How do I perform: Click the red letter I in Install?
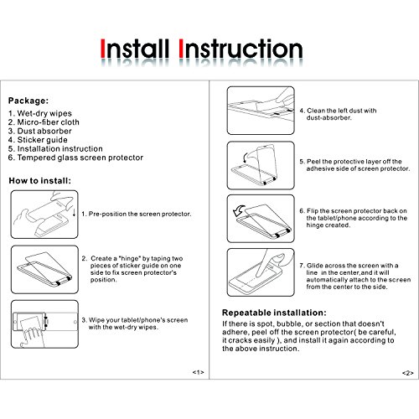103,49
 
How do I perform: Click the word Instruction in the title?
241,49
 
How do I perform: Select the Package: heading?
28,101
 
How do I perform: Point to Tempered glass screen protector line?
75,158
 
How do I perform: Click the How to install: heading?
39,181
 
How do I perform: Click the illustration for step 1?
44,215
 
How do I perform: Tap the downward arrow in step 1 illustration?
74,213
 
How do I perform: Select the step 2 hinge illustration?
44,270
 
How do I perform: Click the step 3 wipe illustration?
44,324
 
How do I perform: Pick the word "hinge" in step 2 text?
129,258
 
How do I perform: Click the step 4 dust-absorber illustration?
261,111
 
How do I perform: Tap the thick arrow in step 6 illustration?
239,210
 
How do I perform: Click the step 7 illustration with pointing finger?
261,272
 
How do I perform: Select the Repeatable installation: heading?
274,313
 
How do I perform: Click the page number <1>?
198,372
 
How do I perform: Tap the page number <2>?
408,373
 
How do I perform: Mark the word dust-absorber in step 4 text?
328,117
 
